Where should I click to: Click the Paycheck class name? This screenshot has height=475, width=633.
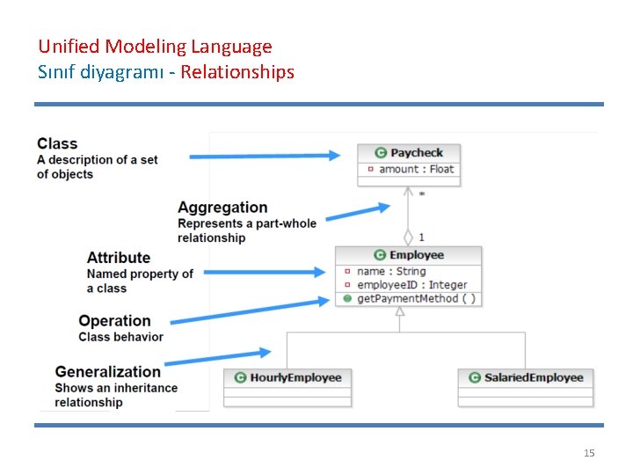coord(417,153)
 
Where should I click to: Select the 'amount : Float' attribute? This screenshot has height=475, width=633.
coord(416,169)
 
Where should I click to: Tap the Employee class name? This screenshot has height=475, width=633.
coord(417,255)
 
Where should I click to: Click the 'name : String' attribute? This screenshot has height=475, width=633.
coord(391,271)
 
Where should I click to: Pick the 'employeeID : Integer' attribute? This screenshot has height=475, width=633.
coord(411,285)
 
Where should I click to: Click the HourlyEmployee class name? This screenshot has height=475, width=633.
coord(295,377)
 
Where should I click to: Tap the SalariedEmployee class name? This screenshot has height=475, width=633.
coord(534,377)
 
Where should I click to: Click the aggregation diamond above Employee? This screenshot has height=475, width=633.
coord(408,237)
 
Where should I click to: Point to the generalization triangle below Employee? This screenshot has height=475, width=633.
coord(400,311)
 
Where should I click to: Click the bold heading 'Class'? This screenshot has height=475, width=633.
coord(57,143)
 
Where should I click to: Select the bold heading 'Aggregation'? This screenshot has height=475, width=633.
coord(222,208)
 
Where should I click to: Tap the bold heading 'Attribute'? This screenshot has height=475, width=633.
coord(119,258)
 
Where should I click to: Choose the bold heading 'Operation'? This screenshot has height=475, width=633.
coord(114,321)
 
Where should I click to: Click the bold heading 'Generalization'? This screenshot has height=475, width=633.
coord(107,372)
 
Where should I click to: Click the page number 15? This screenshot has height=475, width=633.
coord(589,453)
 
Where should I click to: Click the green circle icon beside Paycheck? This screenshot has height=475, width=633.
coord(381,153)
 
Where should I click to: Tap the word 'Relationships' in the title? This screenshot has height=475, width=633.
coord(237,72)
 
